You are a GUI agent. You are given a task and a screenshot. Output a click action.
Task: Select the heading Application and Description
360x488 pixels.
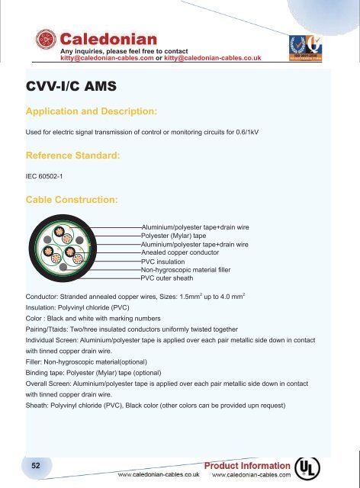click(x=91, y=112)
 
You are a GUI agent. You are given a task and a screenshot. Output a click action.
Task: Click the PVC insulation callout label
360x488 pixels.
click(x=168, y=262)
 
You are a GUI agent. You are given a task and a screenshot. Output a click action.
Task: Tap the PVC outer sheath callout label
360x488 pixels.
click(x=172, y=278)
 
